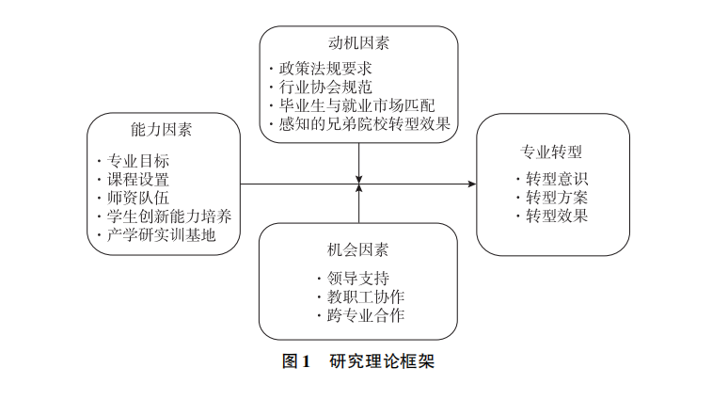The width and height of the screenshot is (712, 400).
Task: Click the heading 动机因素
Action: click(x=358, y=43)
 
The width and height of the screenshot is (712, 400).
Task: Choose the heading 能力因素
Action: click(x=163, y=129)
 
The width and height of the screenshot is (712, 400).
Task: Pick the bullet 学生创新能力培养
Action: click(x=164, y=216)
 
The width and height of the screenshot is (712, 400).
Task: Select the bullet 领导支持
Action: click(x=352, y=279)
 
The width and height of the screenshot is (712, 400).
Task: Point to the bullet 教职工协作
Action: click(x=359, y=296)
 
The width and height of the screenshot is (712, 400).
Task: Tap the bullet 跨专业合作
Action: click(x=359, y=315)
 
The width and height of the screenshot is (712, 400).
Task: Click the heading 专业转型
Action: click(x=552, y=151)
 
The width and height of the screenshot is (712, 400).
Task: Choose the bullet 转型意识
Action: click(x=556, y=179)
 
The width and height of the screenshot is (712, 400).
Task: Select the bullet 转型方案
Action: click(x=556, y=198)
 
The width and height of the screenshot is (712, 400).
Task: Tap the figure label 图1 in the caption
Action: click(x=296, y=361)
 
